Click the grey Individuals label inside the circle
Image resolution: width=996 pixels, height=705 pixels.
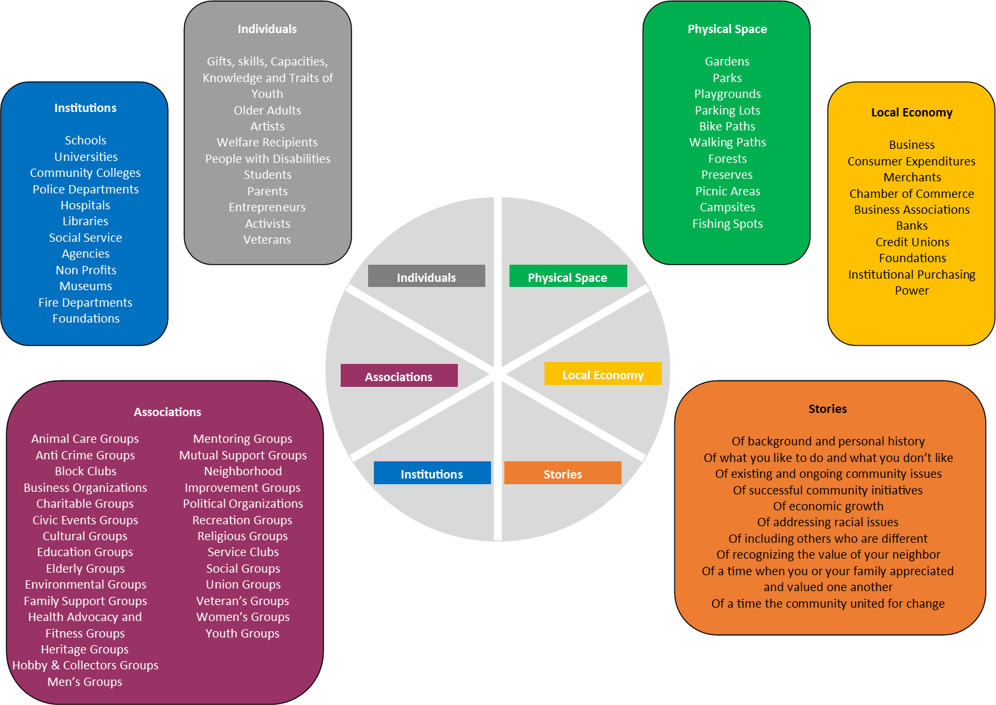tap(426, 277)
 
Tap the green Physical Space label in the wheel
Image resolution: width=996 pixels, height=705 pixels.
tap(567, 277)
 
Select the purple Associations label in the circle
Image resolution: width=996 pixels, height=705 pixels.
tap(399, 376)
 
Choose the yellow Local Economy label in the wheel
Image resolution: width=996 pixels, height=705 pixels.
tap(602, 374)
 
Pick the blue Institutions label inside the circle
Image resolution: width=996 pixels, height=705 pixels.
tap(432, 473)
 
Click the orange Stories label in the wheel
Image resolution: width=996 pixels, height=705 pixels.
tap(562, 473)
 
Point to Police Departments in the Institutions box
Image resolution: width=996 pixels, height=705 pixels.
tap(85, 189)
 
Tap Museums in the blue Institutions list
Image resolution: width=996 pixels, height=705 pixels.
tap(85, 286)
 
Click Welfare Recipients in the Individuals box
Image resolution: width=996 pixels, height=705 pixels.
tap(267, 142)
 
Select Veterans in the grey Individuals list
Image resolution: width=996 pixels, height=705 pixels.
tap(267, 239)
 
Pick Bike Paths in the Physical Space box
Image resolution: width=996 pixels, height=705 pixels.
tap(727, 126)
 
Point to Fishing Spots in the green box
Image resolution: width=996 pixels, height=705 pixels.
tap(727, 223)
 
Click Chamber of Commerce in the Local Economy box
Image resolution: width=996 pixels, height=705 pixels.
tap(911, 193)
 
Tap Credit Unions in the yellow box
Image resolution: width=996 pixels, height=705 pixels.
tap(912, 242)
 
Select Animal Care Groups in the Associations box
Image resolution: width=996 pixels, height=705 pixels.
tap(85, 438)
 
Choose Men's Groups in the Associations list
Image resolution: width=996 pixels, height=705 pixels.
tap(85, 681)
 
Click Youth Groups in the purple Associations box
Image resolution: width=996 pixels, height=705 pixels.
tap(242, 633)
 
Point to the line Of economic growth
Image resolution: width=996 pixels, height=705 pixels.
tap(828, 506)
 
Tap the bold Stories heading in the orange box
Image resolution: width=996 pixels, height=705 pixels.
tap(827, 408)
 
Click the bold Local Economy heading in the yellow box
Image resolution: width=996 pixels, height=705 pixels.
tap(911, 112)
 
